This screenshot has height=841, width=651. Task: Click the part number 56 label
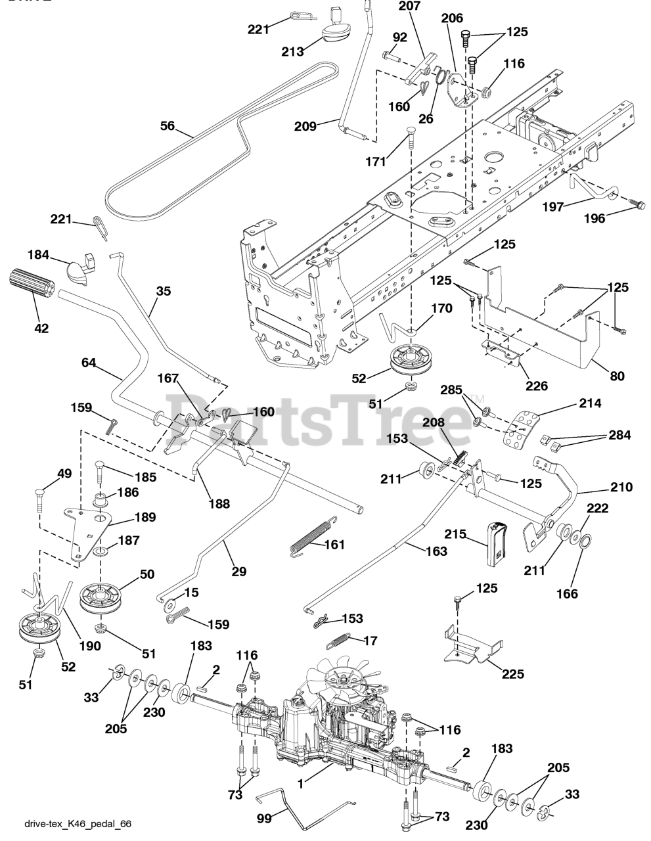pos(168,125)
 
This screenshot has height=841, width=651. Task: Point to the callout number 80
pos(617,376)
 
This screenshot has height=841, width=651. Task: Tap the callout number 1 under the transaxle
pos(301,783)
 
